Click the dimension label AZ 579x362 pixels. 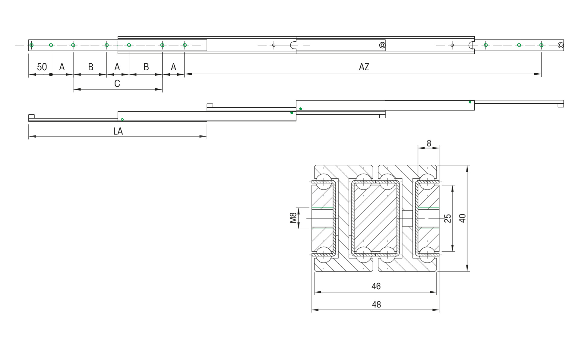364,67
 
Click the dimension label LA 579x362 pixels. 118,131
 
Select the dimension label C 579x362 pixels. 117,84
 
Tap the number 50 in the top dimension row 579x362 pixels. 42,67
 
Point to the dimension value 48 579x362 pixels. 376,304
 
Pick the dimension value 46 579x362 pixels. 376,286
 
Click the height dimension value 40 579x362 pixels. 462,218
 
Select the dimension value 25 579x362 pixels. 448,218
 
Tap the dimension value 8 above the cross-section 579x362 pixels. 429,143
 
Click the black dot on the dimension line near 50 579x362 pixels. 51,75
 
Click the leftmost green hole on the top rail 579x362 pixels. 32,45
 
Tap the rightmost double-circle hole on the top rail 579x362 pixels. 561,45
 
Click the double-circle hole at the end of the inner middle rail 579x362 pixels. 382,45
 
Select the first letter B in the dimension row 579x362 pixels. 90,67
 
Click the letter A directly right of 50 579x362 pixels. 62,67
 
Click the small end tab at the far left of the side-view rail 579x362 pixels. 31,116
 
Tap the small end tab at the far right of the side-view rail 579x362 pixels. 561,105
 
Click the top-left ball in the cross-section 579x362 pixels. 324,182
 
